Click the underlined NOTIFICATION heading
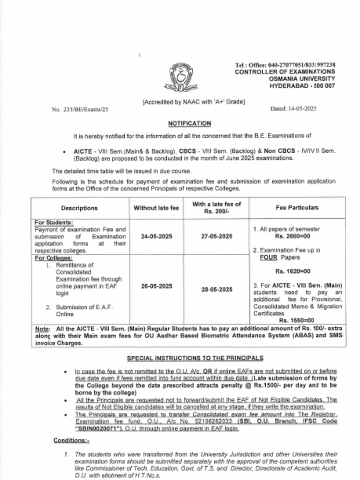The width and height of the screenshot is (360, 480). coord(189,123)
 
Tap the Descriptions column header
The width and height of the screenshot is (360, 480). coord(79,208)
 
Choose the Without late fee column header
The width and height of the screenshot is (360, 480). coord(156,208)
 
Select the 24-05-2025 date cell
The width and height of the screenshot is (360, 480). coord(156,237)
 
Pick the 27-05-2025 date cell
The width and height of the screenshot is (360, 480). coord(217,237)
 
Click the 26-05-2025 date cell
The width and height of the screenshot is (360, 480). coord(156,286)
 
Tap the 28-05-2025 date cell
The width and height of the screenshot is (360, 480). coord(217,290)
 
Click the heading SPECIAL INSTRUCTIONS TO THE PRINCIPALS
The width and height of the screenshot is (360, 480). coord(195,358)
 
